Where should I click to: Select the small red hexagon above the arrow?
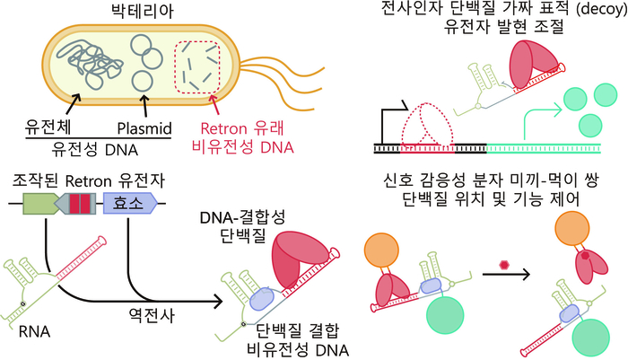coord(505,264)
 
